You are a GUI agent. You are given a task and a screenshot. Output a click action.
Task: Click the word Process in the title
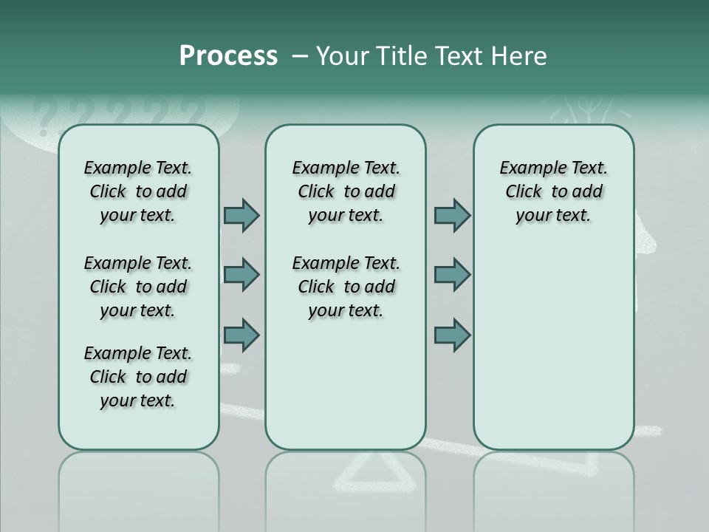pyautogui.click(x=228, y=56)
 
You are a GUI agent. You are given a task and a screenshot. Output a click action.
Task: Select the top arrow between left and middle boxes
pyautogui.click(x=242, y=215)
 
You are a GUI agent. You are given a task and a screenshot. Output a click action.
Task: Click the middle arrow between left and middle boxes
pyautogui.click(x=242, y=275)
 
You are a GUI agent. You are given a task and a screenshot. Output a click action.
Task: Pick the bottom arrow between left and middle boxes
pyautogui.click(x=242, y=335)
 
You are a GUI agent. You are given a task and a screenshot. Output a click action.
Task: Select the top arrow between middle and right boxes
pyautogui.click(x=452, y=215)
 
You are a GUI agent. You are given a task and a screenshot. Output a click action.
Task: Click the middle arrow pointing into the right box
pyautogui.click(x=452, y=275)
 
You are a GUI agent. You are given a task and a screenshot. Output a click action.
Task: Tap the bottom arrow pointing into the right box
pyautogui.click(x=452, y=335)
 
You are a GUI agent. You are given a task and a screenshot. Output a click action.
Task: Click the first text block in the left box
pyautogui.click(x=138, y=191)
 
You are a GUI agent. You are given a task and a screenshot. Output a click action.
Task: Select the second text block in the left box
pyautogui.click(x=138, y=287)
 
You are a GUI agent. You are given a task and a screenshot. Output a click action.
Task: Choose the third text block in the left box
pyautogui.click(x=138, y=377)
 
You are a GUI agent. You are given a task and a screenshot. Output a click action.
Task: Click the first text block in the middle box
pyautogui.click(x=346, y=191)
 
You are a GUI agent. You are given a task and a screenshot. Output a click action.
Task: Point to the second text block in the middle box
pyautogui.click(x=346, y=287)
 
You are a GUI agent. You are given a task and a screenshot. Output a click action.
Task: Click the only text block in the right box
pyautogui.click(x=553, y=191)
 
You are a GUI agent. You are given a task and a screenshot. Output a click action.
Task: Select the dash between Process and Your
pyautogui.click(x=300, y=56)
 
